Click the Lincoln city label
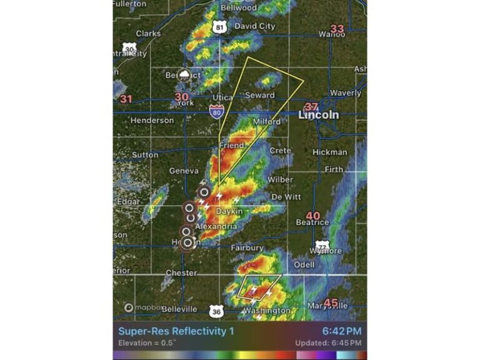319,115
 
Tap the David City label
254,26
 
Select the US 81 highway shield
218,27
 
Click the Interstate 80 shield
216,112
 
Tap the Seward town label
260,96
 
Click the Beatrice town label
312,222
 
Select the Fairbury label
247,248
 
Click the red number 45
331,303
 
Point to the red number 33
337,29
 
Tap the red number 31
127,99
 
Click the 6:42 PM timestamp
342,331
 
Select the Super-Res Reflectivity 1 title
176,331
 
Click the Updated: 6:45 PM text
328,344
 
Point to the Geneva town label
184,171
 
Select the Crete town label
281,151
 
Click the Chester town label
181,273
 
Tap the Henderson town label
152,120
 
